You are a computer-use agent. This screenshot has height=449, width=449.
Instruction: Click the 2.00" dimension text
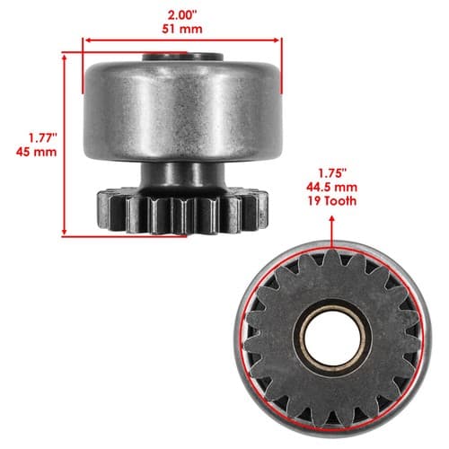(x=182, y=15)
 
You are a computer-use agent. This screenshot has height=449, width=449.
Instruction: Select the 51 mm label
(x=182, y=29)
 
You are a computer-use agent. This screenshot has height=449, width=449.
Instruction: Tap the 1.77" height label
(x=43, y=138)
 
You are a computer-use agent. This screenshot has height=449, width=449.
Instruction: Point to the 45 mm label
(x=36, y=152)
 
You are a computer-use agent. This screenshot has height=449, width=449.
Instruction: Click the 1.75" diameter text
(x=332, y=173)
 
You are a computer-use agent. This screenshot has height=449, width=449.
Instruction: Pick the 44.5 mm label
(x=331, y=188)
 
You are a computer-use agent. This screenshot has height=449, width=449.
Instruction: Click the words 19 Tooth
(x=332, y=201)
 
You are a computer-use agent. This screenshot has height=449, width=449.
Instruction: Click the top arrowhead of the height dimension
(x=64, y=57)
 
